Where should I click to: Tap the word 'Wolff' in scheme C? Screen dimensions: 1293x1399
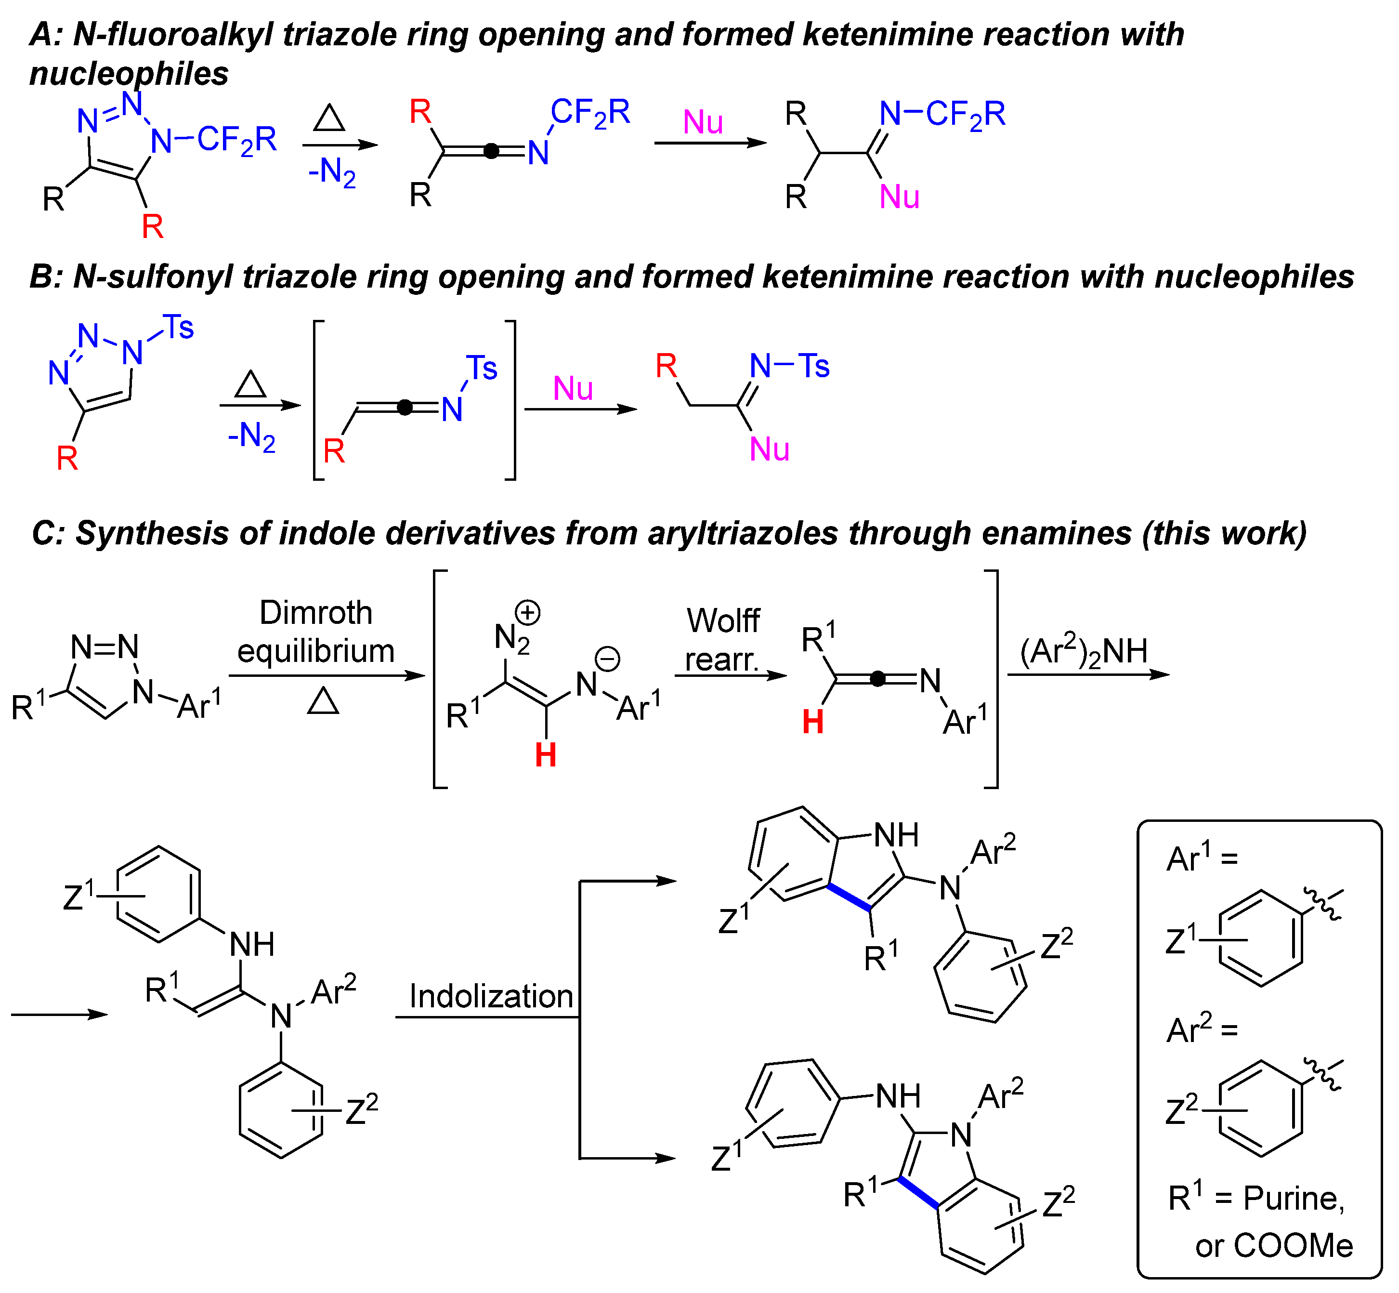pos(722,620)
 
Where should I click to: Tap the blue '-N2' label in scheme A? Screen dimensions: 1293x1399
pos(332,172)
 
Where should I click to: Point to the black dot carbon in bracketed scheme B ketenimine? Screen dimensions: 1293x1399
pos(405,407)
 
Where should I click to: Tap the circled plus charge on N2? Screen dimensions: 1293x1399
pos(528,613)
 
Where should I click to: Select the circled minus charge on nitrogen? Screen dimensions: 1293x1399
pos(607,659)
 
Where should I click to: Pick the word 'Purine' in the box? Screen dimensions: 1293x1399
pos(1294,1199)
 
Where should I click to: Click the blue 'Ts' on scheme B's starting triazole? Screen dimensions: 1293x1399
pos(178,328)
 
